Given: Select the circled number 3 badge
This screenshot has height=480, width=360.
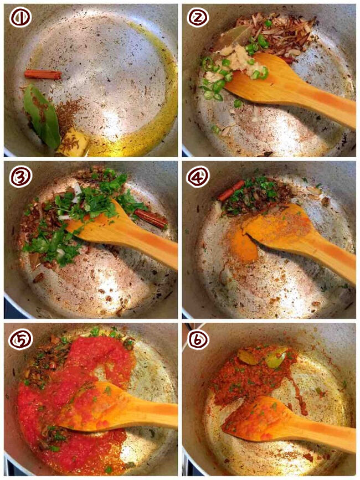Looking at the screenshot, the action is pos(20,177).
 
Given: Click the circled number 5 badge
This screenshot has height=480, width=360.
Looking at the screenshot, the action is pos(20,339).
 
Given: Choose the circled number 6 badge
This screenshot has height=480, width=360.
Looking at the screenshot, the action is pos(198,339).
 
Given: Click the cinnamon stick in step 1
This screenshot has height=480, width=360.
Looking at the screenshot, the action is pos(43,74).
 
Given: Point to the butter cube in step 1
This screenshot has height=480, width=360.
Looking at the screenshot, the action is pos(73,142).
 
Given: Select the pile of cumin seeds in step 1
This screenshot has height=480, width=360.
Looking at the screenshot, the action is pos(68,115).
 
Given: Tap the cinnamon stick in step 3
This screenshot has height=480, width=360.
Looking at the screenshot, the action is pos(151,219).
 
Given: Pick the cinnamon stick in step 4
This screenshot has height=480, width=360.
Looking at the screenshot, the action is pos(231,190).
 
